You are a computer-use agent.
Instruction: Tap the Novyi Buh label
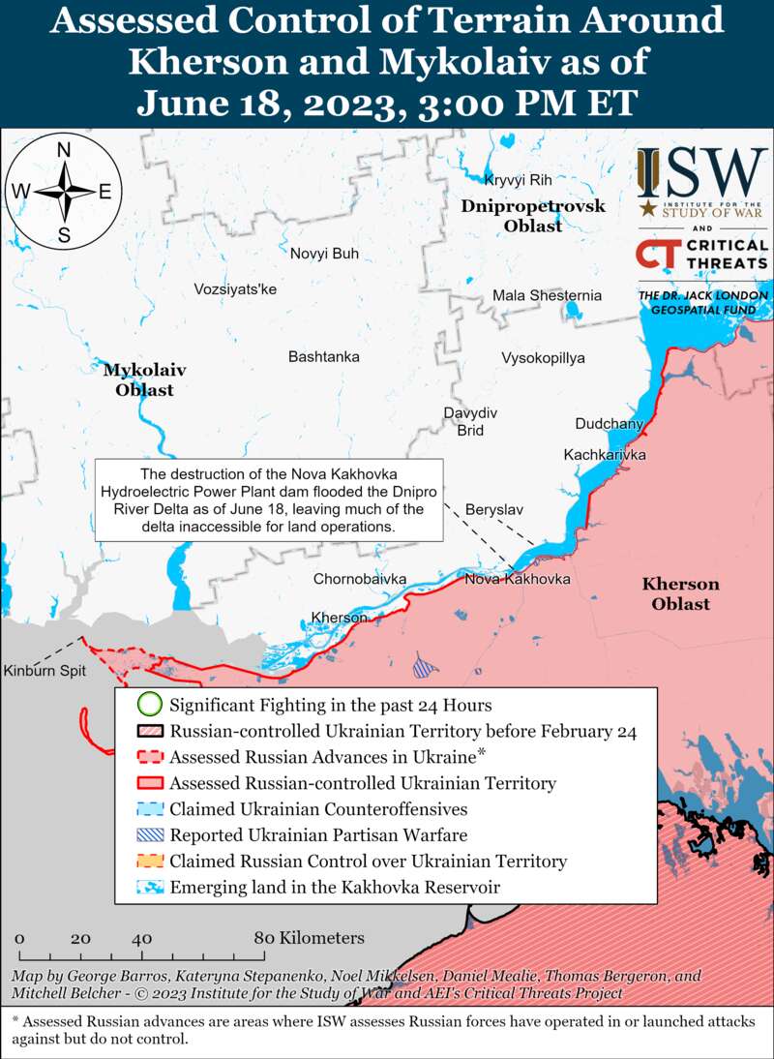(324, 254)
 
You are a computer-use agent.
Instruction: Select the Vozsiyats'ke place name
(235, 289)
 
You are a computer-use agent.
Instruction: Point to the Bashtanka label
(324, 357)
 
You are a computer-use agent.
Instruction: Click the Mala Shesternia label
(547, 295)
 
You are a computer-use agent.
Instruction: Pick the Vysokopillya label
(543, 358)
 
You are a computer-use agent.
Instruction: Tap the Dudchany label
(608, 424)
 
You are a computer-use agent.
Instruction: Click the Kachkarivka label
(605, 454)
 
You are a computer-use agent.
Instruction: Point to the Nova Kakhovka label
(518, 579)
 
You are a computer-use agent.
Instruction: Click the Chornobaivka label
(360, 579)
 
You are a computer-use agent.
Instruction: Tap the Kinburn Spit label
(45, 671)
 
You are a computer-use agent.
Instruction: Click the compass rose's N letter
(64, 150)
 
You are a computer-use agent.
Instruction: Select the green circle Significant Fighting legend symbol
(148, 705)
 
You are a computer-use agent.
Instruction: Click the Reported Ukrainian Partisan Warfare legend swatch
(148, 835)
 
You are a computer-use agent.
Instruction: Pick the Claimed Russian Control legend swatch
(148, 861)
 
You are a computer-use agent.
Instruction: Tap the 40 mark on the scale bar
(142, 938)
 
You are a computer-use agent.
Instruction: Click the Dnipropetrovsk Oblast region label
(533, 216)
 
